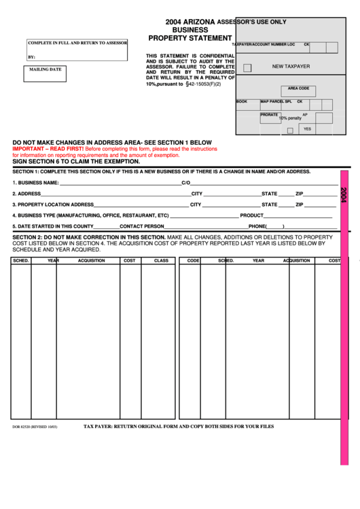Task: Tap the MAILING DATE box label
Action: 45,69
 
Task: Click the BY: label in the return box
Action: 31,57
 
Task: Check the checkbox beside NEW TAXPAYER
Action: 247,67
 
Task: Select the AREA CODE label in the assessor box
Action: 298,88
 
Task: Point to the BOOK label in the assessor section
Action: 242,102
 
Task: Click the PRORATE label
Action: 269,115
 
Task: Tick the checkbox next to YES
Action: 290,130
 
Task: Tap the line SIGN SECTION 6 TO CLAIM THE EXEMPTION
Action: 76,161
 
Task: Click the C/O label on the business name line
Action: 185,183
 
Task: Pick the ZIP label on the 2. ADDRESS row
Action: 299,194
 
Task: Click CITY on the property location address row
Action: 196,205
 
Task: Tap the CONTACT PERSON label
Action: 141,226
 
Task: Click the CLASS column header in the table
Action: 161,260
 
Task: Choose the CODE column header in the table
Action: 194,260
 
